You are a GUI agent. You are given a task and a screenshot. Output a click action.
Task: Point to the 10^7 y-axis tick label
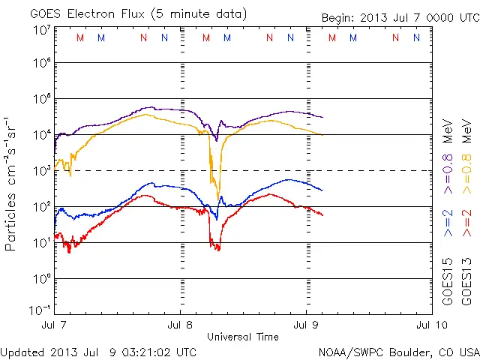(x=41, y=30)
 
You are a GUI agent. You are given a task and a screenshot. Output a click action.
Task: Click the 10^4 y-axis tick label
(x=41, y=135)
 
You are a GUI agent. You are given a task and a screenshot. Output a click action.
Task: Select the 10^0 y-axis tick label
(x=41, y=279)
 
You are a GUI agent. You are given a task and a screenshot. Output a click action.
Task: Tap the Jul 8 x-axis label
(x=181, y=325)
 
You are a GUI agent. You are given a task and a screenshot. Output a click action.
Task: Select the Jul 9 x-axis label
(x=306, y=325)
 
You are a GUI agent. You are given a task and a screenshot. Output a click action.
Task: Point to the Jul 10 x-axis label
(x=429, y=325)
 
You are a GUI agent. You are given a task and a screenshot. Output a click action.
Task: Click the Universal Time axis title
(x=243, y=337)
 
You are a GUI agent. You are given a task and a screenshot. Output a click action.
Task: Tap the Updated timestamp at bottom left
(x=98, y=352)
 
